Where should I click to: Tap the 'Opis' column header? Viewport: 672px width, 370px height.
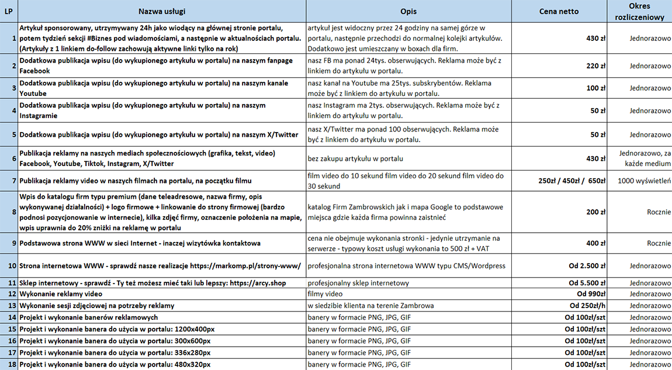coord(408,11)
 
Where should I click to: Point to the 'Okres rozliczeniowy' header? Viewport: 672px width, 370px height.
coord(640,11)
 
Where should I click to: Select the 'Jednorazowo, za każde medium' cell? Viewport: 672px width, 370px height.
coord(640,158)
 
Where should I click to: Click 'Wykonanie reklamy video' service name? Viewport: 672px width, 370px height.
coord(61,294)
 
